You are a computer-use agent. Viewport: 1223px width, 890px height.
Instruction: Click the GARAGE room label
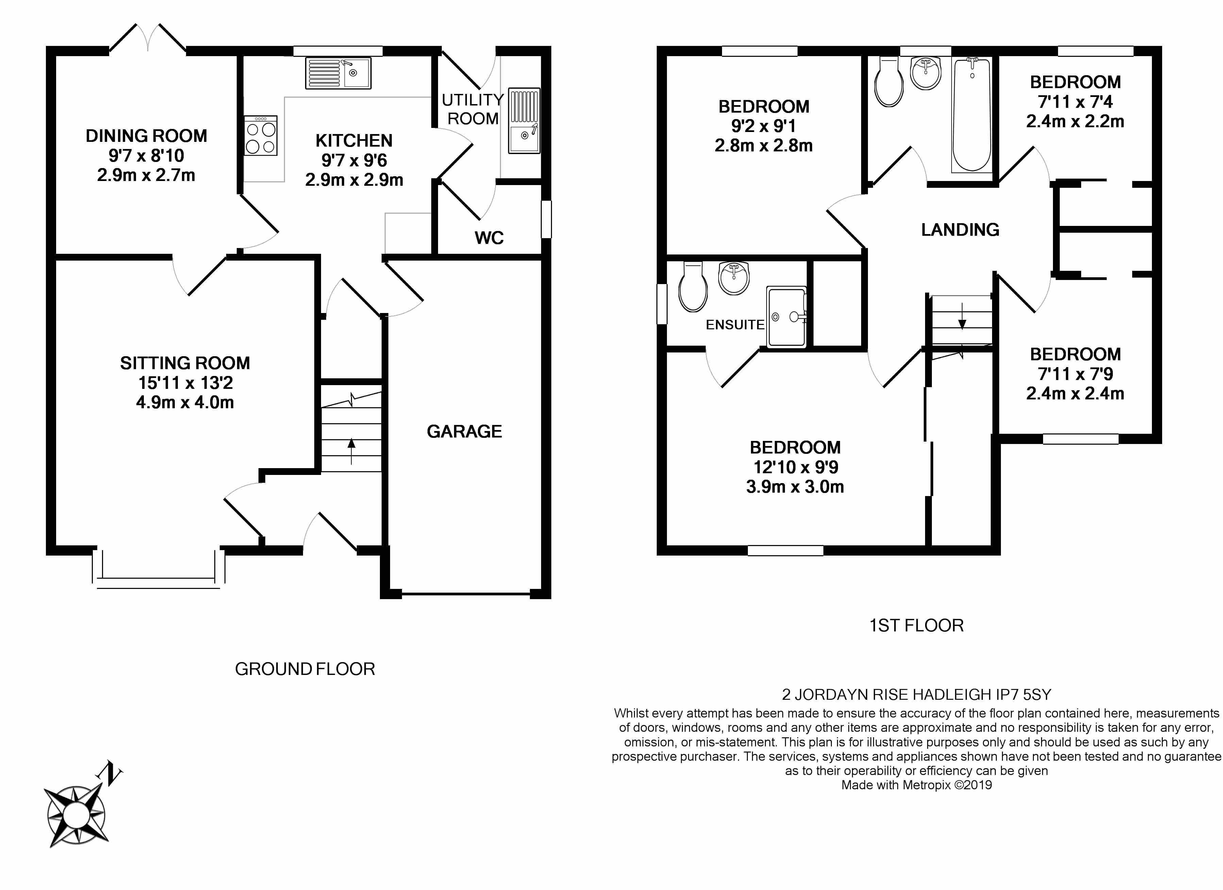click(x=464, y=431)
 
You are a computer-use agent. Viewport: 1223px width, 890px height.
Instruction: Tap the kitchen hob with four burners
click(x=261, y=135)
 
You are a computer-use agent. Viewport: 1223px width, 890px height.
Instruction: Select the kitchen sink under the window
click(x=338, y=73)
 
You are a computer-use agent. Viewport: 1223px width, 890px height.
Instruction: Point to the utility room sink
click(x=524, y=121)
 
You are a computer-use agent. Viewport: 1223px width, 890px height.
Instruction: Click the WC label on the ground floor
click(x=489, y=238)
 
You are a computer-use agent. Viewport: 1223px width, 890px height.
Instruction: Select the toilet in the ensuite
click(x=693, y=287)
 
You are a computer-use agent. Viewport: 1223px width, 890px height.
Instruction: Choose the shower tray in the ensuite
click(x=787, y=316)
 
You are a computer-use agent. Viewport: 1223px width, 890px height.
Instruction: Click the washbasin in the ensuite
click(x=735, y=278)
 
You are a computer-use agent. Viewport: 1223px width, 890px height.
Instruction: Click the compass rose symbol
click(x=76, y=815)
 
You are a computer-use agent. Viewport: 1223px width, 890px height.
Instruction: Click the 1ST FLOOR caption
click(x=916, y=626)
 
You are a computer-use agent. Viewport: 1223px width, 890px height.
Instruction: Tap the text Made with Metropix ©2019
click(x=917, y=785)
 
